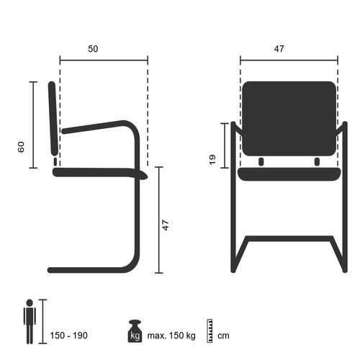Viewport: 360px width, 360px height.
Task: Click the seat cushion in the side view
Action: pos(101,173)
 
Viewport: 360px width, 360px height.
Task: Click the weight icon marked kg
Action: pos(135,331)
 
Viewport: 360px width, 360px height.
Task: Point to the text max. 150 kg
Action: pos(170,336)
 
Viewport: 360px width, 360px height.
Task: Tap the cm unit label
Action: pos(224,336)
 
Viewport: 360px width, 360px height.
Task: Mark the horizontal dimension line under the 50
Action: pos(104,59)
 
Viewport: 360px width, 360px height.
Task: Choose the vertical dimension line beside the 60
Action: pos(32,125)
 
